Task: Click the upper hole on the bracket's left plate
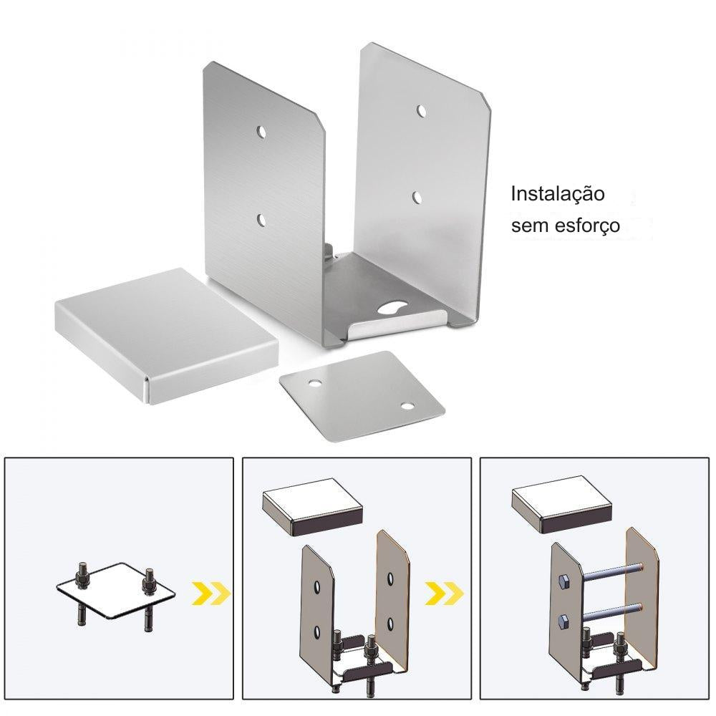(261, 133)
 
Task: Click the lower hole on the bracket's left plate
(261, 220)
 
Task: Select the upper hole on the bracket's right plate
(421, 111)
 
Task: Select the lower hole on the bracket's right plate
(417, 198)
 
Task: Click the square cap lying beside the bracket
(166, 336)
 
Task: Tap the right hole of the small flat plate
(407, 405)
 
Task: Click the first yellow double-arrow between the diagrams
(211, 593)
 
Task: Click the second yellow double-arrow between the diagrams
(445, 593)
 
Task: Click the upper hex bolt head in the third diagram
(562, 581)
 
